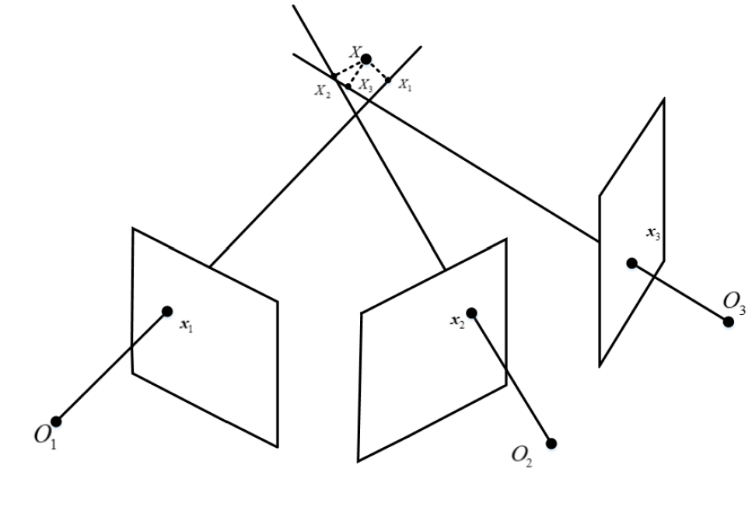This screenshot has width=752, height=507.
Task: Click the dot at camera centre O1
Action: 56,421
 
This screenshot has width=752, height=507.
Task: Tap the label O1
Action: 46,437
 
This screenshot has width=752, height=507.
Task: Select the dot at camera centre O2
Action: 551,444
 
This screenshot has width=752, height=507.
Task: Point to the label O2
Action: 522,456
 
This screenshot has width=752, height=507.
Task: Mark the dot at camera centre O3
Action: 729,322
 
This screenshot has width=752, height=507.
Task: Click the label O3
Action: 734,303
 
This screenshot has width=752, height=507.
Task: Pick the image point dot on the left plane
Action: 167,312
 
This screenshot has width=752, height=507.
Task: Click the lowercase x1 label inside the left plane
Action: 186,326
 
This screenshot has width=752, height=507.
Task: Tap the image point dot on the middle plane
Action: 471,313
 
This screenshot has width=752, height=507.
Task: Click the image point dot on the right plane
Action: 632,264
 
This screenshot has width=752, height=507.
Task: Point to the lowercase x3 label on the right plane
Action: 653,234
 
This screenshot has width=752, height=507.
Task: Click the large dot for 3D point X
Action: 366,59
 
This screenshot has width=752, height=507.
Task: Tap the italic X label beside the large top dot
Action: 355,52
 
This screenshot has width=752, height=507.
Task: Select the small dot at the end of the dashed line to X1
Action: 388,80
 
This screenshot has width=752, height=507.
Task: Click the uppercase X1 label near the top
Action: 405,86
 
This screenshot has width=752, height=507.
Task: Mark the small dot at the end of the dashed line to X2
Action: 334,75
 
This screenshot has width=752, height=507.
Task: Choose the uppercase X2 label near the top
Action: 322,91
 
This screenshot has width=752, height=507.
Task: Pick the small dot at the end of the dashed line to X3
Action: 348,86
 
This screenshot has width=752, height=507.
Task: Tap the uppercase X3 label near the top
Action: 366,86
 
